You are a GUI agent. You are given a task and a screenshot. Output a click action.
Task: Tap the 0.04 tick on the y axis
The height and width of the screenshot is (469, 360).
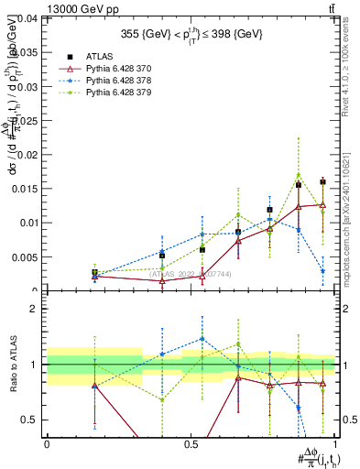(x=25, y=18)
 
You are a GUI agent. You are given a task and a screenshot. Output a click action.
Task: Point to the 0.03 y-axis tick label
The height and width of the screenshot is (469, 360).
(x=25, y=86)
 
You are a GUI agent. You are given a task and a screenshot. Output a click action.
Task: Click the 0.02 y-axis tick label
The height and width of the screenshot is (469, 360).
(x=25, y=154)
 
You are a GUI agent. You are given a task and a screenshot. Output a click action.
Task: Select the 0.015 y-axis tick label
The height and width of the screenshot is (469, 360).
(x=22, y=188)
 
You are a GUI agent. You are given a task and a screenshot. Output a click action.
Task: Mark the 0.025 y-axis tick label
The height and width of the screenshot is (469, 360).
(x=22, y=120)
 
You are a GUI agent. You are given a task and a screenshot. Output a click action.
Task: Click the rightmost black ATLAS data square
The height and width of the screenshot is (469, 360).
(x=322, y=181)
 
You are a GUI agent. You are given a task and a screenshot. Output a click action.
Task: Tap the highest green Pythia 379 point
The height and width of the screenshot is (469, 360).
(x=299, y=174)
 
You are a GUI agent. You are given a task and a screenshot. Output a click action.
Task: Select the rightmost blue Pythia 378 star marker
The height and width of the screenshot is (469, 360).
(x=322, y=271)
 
